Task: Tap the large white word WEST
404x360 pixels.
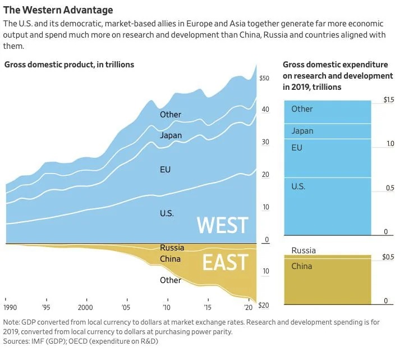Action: point(222,225)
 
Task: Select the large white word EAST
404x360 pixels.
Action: point(225,262)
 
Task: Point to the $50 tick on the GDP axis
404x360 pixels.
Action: point(265,78)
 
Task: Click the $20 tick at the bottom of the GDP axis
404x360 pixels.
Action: point(264,305)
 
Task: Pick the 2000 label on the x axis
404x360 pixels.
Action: point(85,308)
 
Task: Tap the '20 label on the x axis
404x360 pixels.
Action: point(248,308)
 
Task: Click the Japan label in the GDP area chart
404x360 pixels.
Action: point(171,135)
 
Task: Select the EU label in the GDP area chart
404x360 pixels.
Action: point(165,169)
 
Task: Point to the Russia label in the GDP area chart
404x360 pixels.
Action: point(172,248)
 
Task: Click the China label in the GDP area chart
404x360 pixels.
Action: point(171,259)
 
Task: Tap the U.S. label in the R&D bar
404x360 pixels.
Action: point(298,186)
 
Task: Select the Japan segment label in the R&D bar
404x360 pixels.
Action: point(302,131)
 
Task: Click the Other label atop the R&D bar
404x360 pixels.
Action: point(302,109)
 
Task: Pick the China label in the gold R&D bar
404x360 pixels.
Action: point(301,266)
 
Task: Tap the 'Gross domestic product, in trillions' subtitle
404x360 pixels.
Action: point(69,65)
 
